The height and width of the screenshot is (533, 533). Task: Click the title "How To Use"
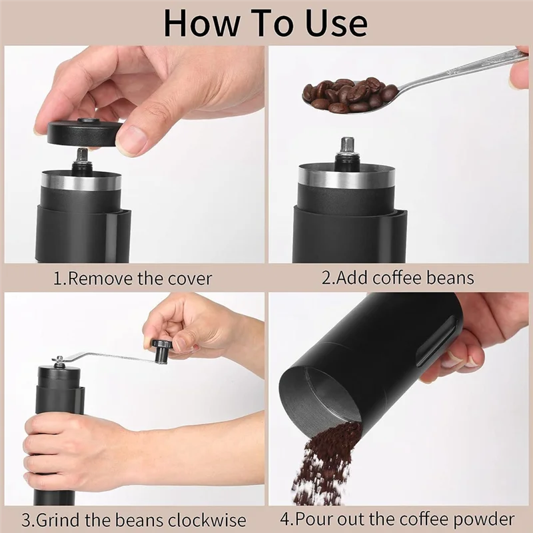[x=265, y=23]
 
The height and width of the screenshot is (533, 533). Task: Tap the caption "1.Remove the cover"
[x=133, y=278]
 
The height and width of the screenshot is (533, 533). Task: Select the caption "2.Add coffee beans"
[x=398, y=278]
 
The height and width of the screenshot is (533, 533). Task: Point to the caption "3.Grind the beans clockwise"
[x=133, y=519]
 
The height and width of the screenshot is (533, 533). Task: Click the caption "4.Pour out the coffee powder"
[x=398, y=518]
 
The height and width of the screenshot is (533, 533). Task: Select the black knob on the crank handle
[x=161, y=350]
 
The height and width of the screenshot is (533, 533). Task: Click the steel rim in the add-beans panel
[x=346, y=176]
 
